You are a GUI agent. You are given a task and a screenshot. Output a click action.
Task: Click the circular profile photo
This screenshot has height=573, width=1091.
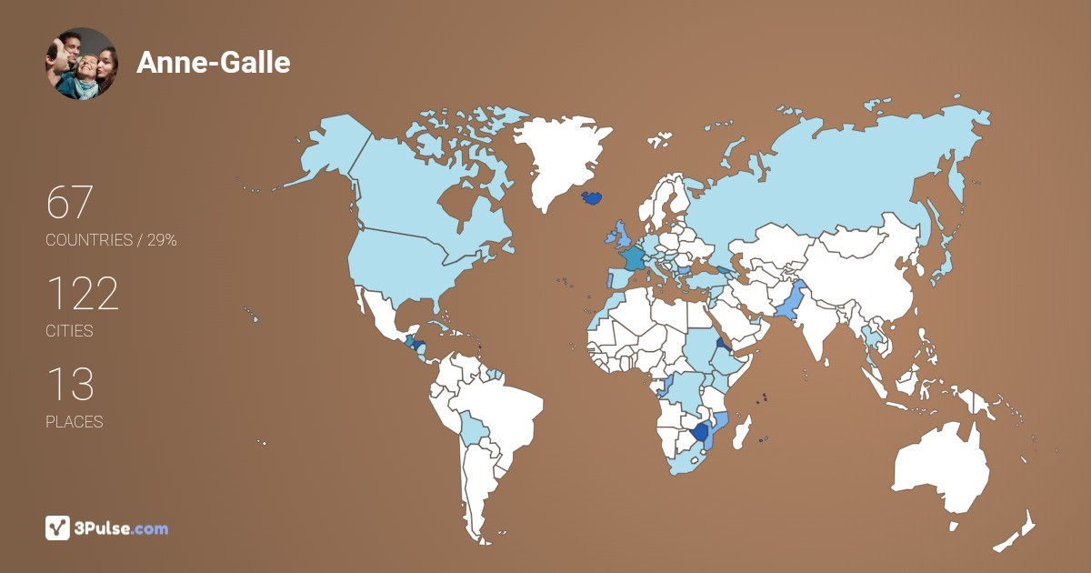(81, 64)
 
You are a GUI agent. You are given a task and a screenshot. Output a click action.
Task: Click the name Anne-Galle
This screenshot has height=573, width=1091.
(214, 63)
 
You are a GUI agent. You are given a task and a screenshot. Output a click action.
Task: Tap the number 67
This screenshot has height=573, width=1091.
(70, 202)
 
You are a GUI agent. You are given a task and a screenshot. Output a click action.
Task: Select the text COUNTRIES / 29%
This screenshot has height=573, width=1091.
(111, 240)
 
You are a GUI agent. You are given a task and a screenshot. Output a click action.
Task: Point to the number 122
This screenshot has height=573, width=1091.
(82, 294)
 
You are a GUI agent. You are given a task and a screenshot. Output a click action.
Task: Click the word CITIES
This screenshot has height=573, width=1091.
(70, 331)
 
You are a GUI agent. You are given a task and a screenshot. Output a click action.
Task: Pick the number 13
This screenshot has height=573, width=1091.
(70, 385)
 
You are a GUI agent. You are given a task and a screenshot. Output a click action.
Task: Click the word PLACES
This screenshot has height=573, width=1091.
(75, 422)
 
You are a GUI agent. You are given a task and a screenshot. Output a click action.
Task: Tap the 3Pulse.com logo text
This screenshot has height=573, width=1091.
(122, 528)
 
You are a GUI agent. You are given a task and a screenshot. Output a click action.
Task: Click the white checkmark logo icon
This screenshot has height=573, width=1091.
(58, 528)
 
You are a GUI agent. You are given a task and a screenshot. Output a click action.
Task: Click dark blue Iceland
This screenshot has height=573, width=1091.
(591, 196)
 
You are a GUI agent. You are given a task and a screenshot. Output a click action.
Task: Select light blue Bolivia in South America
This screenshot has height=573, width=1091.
(473, 427)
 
